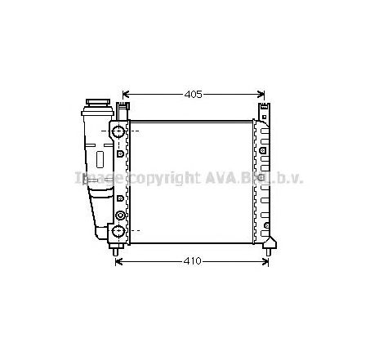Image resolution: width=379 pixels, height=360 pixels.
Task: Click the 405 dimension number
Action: coord(193,95)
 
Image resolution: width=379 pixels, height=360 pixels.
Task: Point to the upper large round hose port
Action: coord(119,131)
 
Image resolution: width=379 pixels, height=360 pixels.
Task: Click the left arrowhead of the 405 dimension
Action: coord(126,95)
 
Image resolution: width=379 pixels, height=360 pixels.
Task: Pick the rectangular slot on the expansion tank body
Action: coord(100,159)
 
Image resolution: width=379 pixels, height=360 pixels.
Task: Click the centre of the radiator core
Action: coord(191,181)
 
